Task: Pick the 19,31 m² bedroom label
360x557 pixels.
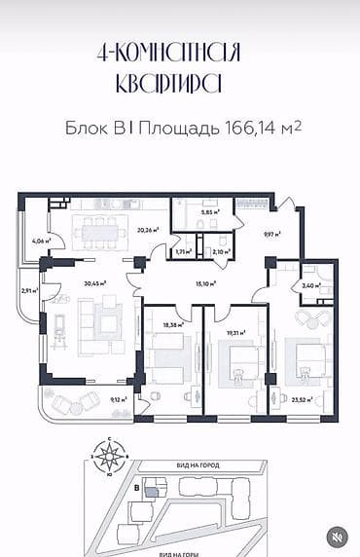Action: (235, 331)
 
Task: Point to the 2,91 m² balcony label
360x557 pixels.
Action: (28, 290)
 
